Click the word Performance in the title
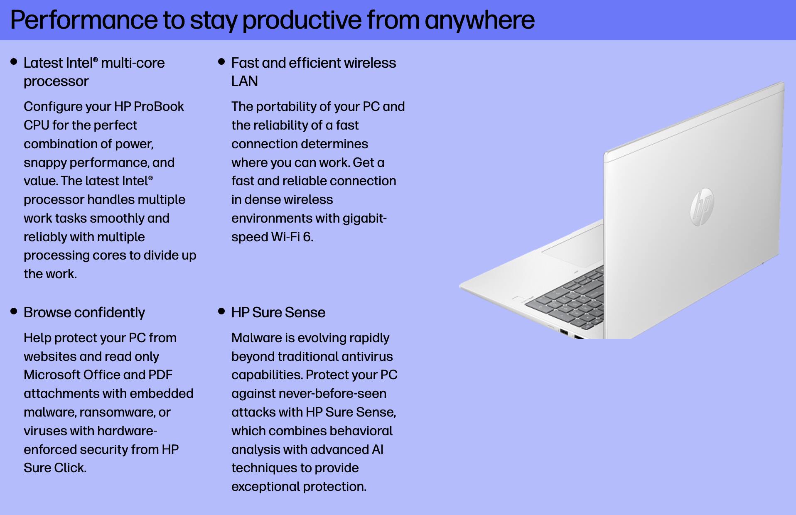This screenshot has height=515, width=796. pos(83,20)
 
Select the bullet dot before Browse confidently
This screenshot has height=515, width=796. pos(14,311)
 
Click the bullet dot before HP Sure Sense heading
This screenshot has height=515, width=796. pos(221,311)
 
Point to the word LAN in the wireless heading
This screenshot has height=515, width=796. pos(244,81)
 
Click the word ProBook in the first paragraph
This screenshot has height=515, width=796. pos(159,107)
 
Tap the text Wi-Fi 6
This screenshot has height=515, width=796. pos(292,237)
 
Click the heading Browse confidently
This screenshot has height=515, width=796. pos(84,312)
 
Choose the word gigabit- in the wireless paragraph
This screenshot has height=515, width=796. pos(364,218)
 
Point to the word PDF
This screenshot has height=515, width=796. pos(160,375)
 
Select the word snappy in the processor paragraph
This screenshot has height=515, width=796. pos(45,162)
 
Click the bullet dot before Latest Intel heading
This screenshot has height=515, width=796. pos(14,62)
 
